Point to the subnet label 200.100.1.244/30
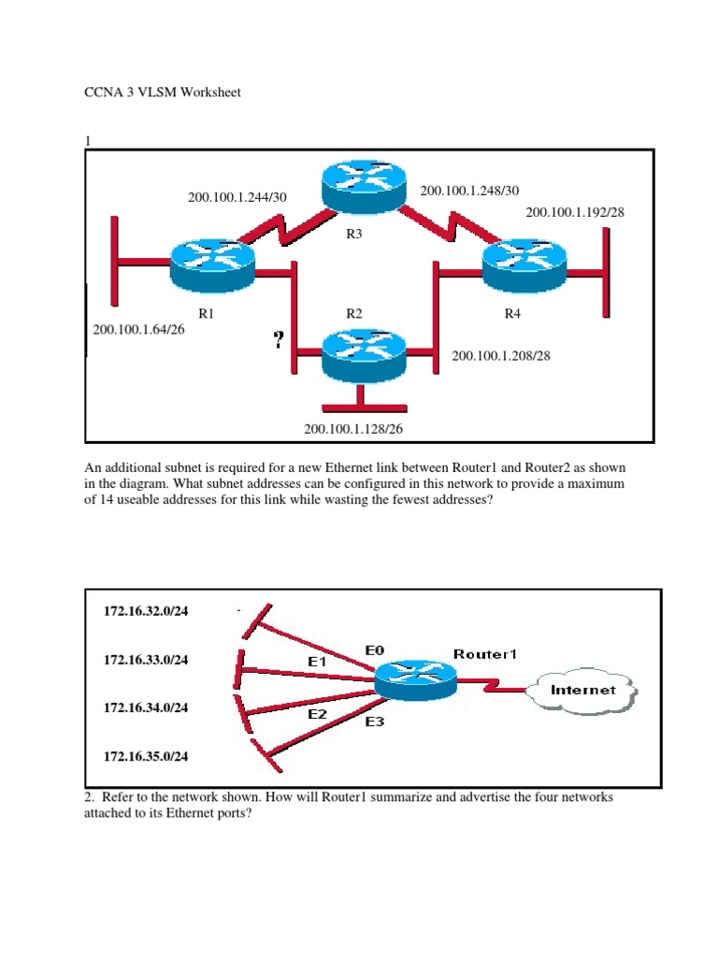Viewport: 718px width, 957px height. point(237,197)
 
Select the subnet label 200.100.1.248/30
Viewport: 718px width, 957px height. point(469,191)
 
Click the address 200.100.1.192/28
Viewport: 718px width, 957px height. point(574,213)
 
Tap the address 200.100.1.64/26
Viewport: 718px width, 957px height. point(139,330)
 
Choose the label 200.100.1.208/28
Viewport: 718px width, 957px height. point(501,356)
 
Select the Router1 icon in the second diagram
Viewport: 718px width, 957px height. point(415,680)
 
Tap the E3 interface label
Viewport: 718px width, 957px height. point(374,721)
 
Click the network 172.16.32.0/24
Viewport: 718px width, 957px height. point(146,612)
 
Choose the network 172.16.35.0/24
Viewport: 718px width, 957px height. point(146,756)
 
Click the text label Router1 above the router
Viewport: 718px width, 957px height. point(484,654)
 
